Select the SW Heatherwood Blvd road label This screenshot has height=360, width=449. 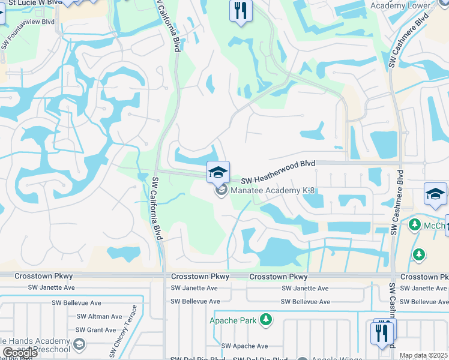coord(279,180)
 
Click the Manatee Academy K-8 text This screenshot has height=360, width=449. coord(273,191)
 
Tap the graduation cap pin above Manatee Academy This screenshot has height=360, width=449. coord(218,172)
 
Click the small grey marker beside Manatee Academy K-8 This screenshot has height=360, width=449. coord(221,191)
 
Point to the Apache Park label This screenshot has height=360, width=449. coord(233,320)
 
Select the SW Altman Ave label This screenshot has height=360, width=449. coord(97,316)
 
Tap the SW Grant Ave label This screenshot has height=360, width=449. coord(96,330)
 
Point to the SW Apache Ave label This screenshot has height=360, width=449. coord(244,346)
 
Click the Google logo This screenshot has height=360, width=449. coord(19,353)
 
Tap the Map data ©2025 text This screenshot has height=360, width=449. coord(423,356)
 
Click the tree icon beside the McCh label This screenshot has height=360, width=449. coord(414,224)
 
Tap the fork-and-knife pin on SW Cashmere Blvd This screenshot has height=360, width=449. coord(382,332)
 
